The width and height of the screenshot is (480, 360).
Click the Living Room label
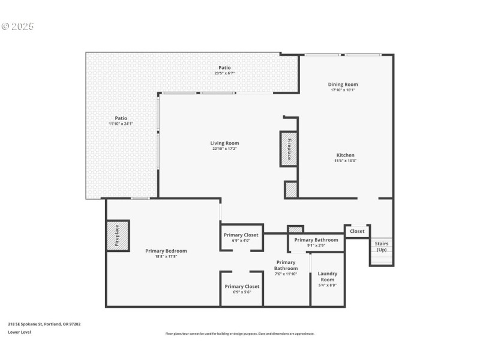pos(224,143)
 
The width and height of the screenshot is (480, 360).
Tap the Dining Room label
pos(343,85)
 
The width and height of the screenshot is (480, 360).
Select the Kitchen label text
pos(344,155)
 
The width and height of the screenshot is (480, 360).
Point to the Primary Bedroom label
pos(166,251)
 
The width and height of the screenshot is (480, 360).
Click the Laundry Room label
pos(327,277)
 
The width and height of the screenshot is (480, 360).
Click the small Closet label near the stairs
pos(357,231)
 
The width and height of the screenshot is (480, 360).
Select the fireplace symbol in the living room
pos(289,148)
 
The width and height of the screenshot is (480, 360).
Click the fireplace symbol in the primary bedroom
pos(117,236)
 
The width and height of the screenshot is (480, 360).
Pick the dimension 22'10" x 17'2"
pos(224,149)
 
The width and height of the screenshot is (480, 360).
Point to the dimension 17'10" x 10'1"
pos(343,90)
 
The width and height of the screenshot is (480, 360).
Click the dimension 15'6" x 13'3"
pos(344,160)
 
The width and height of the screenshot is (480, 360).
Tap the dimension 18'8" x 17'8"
pos(166,256)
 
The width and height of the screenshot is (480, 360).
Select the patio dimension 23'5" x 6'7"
pos(224,73)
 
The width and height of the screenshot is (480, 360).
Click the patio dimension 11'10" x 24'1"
pos(121,124)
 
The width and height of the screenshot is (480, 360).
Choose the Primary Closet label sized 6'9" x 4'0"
pos(241,235)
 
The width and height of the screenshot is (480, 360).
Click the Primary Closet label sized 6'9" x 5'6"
pos(242,287)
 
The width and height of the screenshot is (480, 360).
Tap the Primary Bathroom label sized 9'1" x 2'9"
pos(316,240)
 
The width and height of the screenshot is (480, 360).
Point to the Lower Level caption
pos(19,332)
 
